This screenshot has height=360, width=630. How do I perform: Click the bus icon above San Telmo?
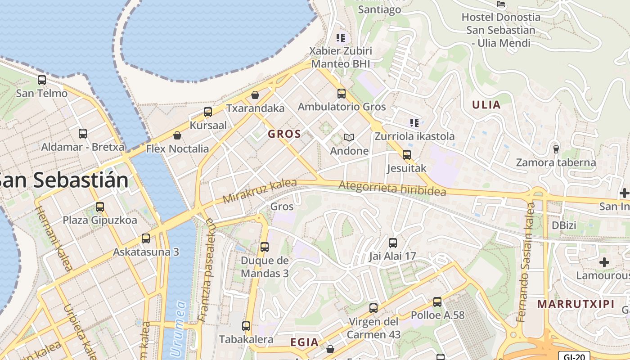point(42,80)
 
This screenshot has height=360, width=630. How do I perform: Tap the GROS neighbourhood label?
point(284,134)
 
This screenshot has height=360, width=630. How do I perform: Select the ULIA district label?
point(486,105)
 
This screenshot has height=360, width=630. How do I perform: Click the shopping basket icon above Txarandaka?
point(255,95)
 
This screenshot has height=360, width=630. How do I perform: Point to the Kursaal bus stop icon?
point(208,112)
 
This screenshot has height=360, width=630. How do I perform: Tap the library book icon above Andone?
point(349,137)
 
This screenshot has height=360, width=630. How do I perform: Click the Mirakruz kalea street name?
point(260,191)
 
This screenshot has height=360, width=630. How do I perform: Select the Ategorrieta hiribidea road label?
point(392,188)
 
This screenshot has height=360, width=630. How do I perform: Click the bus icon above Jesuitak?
point(407,155)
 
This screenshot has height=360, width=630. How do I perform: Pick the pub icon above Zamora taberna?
point(556,149)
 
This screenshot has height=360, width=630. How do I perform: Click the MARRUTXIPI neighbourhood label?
point(576,304)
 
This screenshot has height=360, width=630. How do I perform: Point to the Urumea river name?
point(176,328)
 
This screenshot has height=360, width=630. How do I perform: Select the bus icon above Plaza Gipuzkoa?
point(100,207)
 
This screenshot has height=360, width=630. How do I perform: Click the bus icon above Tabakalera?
point(246,326)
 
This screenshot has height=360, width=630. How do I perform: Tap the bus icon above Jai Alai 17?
point(393,243)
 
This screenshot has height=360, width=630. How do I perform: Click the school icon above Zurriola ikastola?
point(414,122)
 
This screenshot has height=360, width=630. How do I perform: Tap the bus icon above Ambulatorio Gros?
point(342,94)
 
